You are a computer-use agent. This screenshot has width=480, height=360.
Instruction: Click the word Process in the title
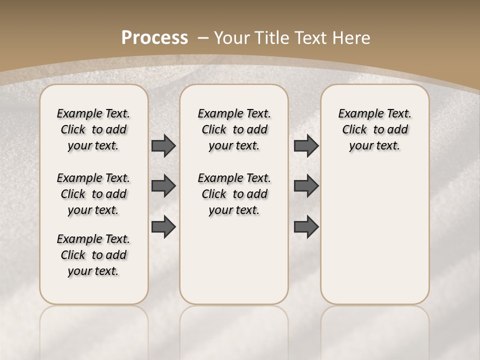click(154, 38)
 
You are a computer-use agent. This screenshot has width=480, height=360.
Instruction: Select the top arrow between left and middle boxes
click(163, 145)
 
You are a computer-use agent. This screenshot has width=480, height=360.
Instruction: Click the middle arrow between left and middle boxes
click(163, 186)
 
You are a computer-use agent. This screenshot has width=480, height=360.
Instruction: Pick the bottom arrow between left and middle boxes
click(163, 227)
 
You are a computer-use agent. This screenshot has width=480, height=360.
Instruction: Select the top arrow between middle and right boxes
click(306, 145)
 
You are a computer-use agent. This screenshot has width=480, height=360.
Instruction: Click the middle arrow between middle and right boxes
click(306, 186)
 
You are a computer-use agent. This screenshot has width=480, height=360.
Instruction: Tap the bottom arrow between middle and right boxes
click(306, 227)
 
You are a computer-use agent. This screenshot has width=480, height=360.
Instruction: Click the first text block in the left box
click(93, 129)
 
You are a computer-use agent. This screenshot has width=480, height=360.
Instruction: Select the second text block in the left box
click(93, 194)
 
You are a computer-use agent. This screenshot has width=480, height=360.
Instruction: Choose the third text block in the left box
click(93, 255)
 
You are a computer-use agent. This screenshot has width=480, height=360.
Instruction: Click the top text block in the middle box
click(234, 129)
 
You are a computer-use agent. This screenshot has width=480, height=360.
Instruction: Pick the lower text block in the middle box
click(234, 194)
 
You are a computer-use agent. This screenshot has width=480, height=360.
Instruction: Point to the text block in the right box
click(374, 129)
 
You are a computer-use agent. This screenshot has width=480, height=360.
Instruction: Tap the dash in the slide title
click(203, 38)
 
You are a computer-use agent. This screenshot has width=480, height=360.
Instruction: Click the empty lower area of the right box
click(374, 235)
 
